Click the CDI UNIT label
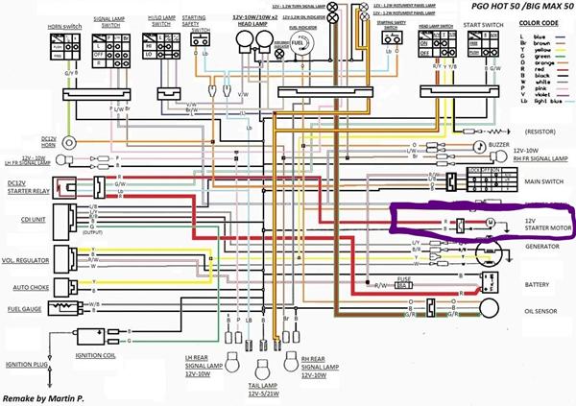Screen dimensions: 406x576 pos(20,214)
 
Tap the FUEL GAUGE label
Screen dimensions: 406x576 pos(24,308)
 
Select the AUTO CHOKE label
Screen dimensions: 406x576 pos(24,286)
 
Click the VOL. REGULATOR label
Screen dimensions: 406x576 pos(28,260)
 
